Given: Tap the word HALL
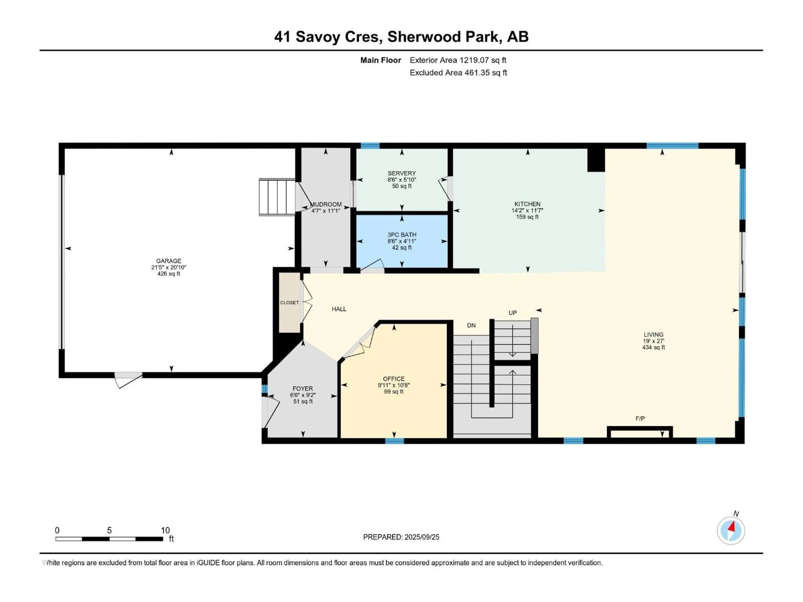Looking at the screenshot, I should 339,309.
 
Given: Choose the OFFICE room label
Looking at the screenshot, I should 394,379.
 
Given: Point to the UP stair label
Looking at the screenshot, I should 512,313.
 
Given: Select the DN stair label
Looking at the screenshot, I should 471,325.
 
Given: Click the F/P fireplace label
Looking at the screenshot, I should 640,419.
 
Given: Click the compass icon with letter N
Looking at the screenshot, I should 731,530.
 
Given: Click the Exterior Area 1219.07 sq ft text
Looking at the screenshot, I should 458,60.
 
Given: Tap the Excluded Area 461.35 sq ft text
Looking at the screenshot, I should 458,73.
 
